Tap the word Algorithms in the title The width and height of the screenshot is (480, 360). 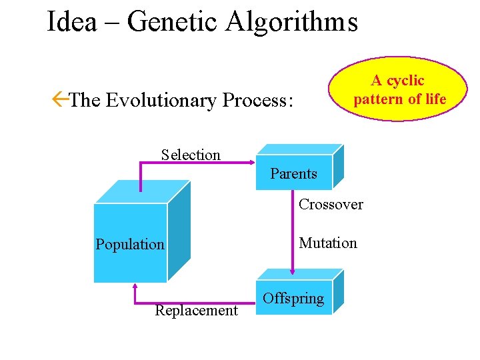[x=291, y=22]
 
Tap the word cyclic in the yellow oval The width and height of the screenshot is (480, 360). [x=406, y=81]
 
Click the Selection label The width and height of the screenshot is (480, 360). [x=191, y=155]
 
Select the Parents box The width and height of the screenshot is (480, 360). [x=294, y=173]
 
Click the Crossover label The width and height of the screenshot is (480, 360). [x=331, y=204]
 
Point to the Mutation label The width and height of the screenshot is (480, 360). [x=328, y=243]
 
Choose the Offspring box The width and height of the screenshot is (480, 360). [x=294, y=298]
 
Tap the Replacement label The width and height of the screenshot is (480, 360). [x=196, y=310]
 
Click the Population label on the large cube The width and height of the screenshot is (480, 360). [x=130, y=244]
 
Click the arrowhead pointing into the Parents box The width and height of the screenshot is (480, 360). [x=252, y=161]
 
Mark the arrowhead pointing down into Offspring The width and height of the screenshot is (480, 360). [x=293, y=270]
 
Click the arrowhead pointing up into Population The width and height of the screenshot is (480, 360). [x=135, y=288]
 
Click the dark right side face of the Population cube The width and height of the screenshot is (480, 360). [x=179, y=230]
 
